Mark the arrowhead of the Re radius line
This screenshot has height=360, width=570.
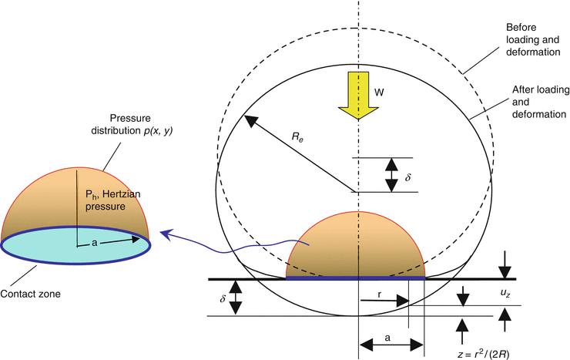pos(247,119)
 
